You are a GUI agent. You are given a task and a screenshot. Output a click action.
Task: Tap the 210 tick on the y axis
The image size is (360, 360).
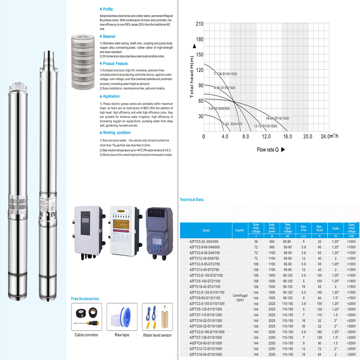pyautogui.click(x=199, y=24)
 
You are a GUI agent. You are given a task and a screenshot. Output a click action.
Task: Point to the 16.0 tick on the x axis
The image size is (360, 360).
pyautogui.click(x=287, y=137)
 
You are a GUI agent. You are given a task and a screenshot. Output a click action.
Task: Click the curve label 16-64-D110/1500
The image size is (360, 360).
pyautogui.click(x=277, y=118)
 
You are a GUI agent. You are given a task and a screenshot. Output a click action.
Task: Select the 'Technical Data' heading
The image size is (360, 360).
pyautogui.click(x=192, y=200)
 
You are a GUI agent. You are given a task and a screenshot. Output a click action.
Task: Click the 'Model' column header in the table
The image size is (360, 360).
pyautogui.click(x=206, y=230)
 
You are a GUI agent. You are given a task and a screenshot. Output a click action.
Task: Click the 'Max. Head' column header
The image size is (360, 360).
pyautogui.click(x=319, y=228)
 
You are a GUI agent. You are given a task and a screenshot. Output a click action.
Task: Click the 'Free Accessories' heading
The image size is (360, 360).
pyautogui.click(x=85, y=299)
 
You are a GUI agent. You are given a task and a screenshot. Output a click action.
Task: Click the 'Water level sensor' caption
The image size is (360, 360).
pyautogui.click(x=157, y=335)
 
